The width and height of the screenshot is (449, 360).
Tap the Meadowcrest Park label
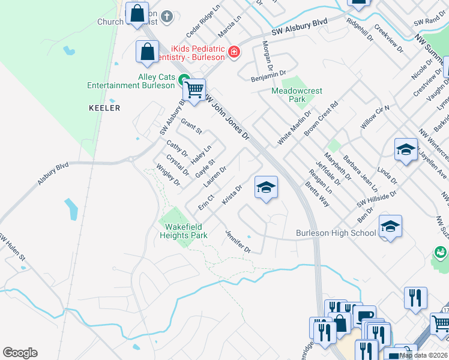(297, 95)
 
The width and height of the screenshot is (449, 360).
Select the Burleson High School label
(336, 233)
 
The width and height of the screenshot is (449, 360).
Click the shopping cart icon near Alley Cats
(194, 91)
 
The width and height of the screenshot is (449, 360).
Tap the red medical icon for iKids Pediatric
(234, 53)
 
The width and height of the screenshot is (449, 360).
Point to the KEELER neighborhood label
(104, 108)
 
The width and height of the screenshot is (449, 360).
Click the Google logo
(20, 353)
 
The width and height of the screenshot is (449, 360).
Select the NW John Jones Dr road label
(228, 117)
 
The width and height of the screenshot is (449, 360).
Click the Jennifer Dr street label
(238, 241)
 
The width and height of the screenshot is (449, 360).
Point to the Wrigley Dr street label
(168, 175)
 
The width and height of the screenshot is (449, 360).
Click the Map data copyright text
(423, 355)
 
